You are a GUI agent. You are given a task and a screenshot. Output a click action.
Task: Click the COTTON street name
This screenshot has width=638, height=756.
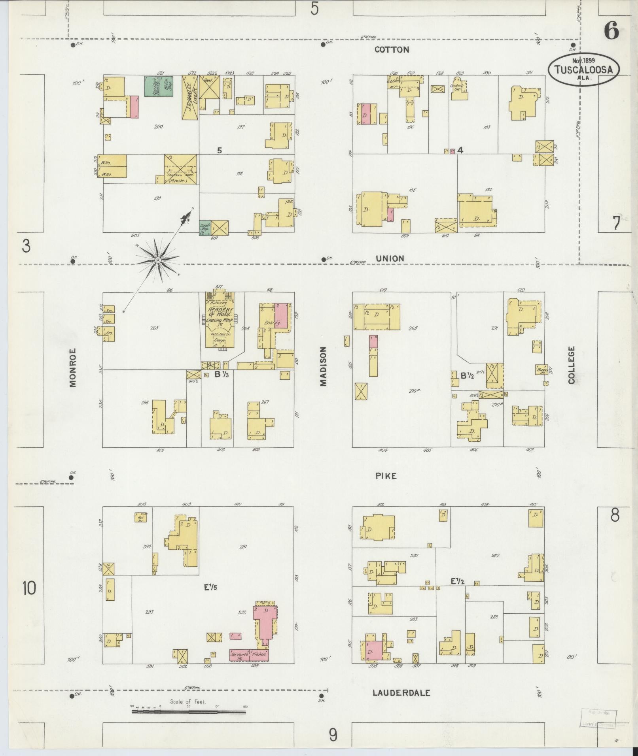point(392,49)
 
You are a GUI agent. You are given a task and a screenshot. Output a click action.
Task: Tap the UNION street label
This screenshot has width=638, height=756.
point(390,258)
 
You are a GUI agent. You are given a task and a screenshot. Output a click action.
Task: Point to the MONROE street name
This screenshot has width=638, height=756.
point(72,368)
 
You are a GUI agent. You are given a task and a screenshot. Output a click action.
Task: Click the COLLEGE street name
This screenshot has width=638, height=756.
point(571,365)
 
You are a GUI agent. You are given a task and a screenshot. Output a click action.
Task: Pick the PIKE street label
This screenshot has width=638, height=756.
point(386,476)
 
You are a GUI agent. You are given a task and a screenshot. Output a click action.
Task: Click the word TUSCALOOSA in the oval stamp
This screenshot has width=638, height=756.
point(583,70)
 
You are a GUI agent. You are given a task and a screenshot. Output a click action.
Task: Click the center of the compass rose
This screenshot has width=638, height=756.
point(157,260)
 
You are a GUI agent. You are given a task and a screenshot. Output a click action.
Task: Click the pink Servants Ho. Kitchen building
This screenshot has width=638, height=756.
point(249,655)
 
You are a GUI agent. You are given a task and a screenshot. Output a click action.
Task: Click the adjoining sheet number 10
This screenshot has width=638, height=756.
point(29,588)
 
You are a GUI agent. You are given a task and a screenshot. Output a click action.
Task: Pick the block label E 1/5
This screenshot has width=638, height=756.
point(210,588)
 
